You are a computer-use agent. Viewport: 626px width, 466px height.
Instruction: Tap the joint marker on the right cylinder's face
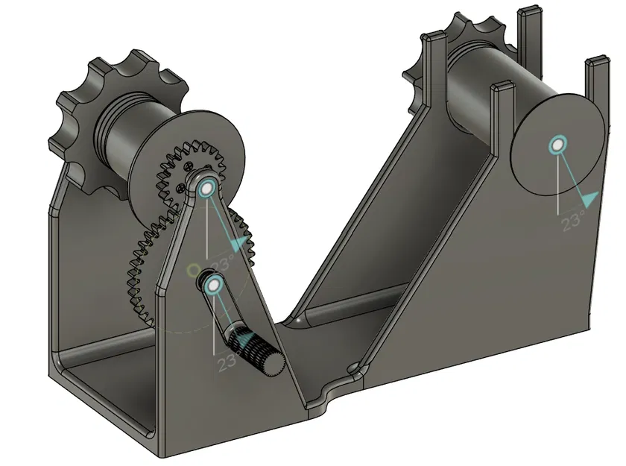pyautogui.click(x=556, y=145)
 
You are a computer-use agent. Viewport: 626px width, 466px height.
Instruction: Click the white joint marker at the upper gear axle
pyautogui.click(x=207, y=187)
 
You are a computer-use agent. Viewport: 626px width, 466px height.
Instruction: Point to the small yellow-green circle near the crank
pyautogui.click(x=192, y=268)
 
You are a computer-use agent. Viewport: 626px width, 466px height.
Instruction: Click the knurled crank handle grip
pyautogui.click(x=256, y=350)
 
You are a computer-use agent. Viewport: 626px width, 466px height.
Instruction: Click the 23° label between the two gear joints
pyautogui.click(x=222, y=262)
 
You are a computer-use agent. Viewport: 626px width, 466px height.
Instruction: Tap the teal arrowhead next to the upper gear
pyautogui.click(x=238, y=243)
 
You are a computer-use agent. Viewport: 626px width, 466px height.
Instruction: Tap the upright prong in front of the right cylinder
pyautogui.click(x=502, y=119)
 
